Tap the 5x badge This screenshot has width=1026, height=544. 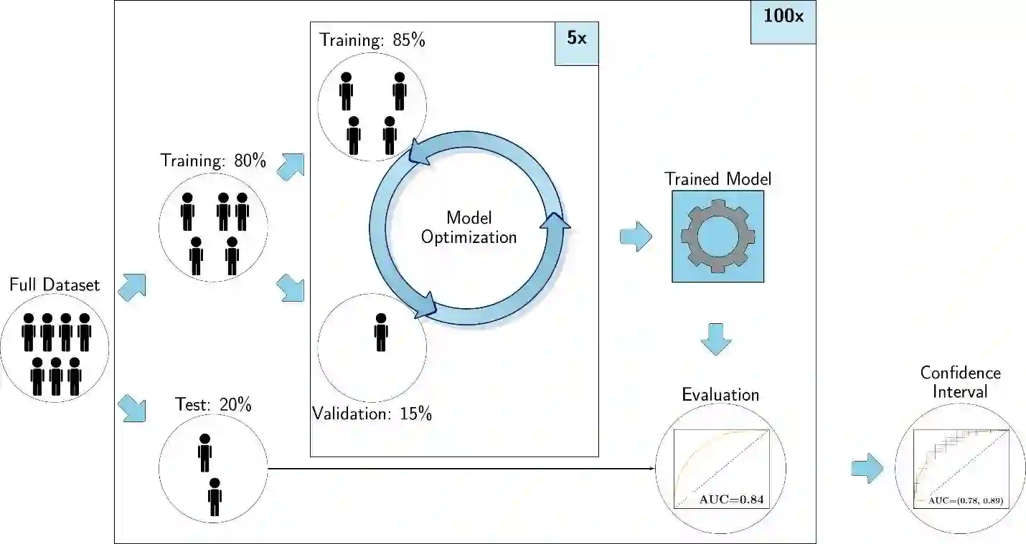576,39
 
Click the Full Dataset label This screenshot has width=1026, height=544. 55,285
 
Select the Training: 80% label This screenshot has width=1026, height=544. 213,161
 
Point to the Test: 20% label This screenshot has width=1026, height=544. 214,405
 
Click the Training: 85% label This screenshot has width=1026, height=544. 372,40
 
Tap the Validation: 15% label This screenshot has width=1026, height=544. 372,414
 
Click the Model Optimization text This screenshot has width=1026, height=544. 469,227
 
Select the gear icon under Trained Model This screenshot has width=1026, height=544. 717,236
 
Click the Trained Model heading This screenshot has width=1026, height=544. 717,178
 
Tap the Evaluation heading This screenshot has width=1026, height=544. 720,395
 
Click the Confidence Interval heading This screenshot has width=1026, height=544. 960,382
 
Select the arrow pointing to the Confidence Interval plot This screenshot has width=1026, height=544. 867,468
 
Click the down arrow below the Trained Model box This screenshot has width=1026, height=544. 717,339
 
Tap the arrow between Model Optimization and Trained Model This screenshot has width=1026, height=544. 635,237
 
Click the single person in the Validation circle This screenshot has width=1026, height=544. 380,333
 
